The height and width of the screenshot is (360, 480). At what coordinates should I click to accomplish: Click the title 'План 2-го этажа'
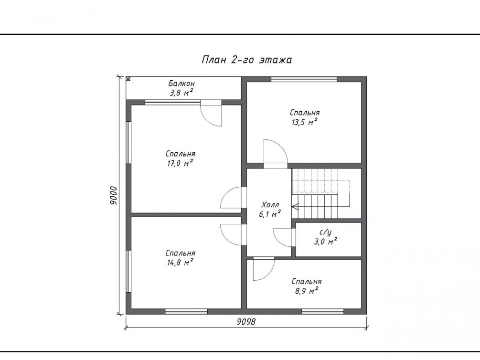247,59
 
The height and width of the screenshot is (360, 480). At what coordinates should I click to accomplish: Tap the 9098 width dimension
246,322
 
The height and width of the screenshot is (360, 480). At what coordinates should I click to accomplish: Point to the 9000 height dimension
114,195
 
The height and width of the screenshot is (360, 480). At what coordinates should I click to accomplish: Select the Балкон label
181,83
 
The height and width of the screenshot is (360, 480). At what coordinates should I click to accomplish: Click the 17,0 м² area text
180,163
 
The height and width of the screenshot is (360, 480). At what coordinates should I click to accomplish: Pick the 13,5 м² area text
304,122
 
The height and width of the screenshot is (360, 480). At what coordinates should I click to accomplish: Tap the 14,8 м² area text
180,262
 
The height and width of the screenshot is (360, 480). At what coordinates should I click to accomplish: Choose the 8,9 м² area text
307,290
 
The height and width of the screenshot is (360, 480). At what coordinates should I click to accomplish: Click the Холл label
270,204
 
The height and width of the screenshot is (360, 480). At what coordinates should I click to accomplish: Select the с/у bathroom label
325,233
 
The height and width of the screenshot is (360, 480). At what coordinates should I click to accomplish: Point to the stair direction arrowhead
295,207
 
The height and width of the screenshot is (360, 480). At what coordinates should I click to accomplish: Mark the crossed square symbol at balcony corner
128,78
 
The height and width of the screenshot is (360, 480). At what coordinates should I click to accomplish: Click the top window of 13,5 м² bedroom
304,79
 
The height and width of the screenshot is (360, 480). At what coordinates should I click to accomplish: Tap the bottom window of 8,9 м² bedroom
323,312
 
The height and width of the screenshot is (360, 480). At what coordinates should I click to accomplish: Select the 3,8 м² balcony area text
181,93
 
